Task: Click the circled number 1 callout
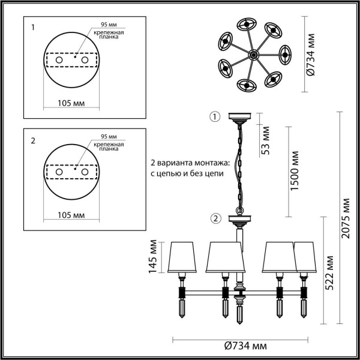pyautogui.click(x=215, y=116)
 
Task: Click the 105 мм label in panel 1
pyautogui.click(x=71, y=103)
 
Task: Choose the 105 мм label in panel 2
pyautogui.click(x=71, y=215)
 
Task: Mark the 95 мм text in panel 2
pyautogui.click(x=109, y=137)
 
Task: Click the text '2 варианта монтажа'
pyautogui.click(x=184, y=163)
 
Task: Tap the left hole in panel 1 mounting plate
pyautogui.click(x=59, y=61)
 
